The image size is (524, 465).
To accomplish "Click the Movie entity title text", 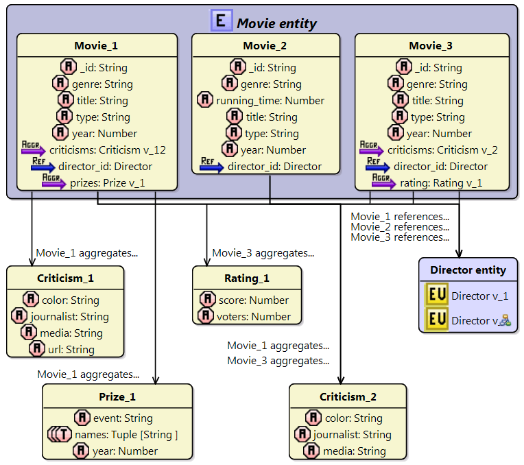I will click(276, 23).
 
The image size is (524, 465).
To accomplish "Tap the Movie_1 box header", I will click(96, 46).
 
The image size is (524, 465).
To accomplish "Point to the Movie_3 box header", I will click(431, 46).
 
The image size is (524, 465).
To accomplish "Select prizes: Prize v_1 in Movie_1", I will click(107, 183).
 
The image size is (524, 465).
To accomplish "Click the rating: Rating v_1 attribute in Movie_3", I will click(437, 183).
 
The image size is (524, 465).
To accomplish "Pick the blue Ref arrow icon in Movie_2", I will click(212, 165).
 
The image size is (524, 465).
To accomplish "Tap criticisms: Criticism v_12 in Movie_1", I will click(107, 150).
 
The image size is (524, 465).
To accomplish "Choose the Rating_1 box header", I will click(246, 278).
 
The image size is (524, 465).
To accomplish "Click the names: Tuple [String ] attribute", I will click(126, 435).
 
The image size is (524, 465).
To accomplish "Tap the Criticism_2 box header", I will click(347, 396).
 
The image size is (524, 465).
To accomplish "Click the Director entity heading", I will click(468, 270).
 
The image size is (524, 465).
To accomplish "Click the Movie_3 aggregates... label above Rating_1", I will click(263, 253).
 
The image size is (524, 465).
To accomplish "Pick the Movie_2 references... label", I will click(400, 227).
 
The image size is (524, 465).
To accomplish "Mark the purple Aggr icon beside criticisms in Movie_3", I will click(371, 150).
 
